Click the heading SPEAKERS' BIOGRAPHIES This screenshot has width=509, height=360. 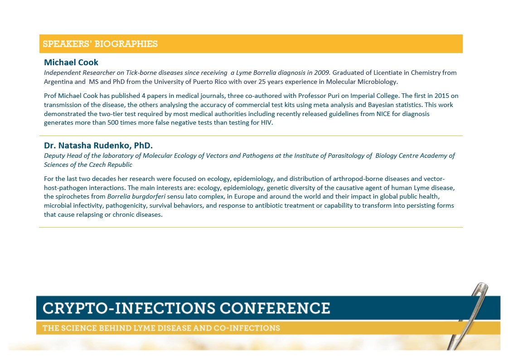click(100, 44)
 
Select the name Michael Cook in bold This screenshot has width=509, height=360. click(71, 62)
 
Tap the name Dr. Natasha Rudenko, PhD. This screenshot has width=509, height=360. click(98, 145)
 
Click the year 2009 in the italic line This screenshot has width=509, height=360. click(322, 73)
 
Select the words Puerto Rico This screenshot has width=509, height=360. click(207, 82)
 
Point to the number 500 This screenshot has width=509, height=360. click(113, 123)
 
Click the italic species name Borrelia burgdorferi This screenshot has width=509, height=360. click(136, 197)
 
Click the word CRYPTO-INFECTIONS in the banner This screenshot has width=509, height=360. click(129, 308)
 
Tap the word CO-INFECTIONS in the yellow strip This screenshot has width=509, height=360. click(247, 328)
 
